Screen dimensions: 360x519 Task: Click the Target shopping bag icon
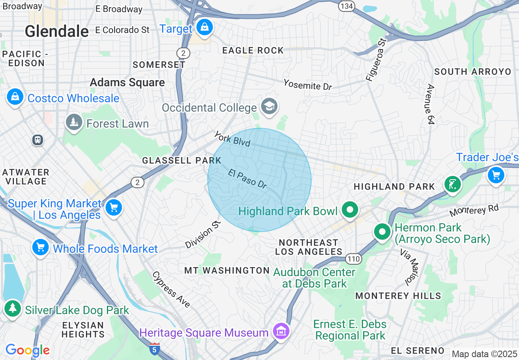204,28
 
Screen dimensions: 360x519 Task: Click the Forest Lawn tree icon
74,122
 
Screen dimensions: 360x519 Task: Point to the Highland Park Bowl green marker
350,210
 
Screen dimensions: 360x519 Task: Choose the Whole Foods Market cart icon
41,248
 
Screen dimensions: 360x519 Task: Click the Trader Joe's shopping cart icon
496,175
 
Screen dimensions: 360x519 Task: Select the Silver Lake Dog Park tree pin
13,308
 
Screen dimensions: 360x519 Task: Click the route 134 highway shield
346,6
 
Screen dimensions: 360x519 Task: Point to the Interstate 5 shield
154,349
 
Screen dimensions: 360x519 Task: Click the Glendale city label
56,32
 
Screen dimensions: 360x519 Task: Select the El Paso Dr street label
248,179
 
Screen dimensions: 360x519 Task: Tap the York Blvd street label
232,139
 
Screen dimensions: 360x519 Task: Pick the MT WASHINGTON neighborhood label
227,270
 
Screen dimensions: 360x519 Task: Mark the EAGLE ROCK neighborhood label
253,50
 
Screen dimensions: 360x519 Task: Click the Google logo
27,350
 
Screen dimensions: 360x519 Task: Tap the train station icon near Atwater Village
38,140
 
